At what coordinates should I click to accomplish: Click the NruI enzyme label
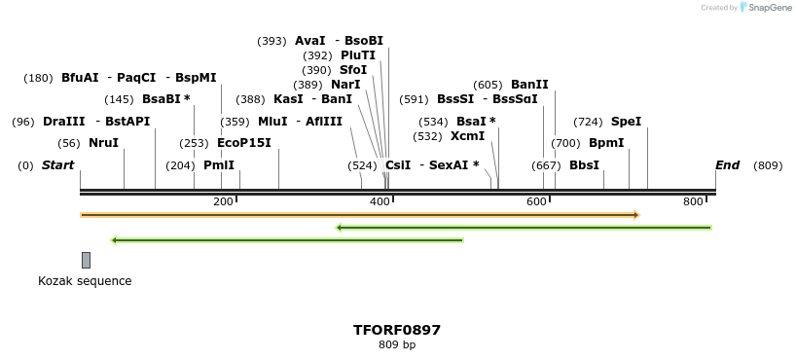pos(103,143)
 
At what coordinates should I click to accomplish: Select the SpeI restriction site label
pos(626,122)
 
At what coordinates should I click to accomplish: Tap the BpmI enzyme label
pos(606,143)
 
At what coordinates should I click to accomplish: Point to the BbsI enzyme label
pos(584,165)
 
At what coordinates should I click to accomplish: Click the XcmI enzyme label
pos(467,136)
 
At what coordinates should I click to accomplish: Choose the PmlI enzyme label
pos(219,165)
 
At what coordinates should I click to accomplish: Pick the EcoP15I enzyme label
pos(243,143)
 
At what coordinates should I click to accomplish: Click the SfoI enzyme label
pos(353,70)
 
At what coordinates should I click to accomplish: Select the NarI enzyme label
pos(345,85)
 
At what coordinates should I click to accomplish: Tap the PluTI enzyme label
pos(357,55)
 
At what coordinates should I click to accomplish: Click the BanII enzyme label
pos(529,85)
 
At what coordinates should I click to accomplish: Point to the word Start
pos(57,165)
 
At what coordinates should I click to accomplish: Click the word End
pos(727,165)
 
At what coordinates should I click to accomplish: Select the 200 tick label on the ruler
pos(223,201)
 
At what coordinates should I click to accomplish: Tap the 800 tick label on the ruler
pos(693,201)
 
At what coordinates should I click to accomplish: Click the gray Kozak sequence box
pos(86,260)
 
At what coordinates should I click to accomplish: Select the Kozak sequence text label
pos(85,281)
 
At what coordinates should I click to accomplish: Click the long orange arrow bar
pos(359,214)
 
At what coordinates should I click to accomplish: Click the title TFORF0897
pos(396,330)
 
